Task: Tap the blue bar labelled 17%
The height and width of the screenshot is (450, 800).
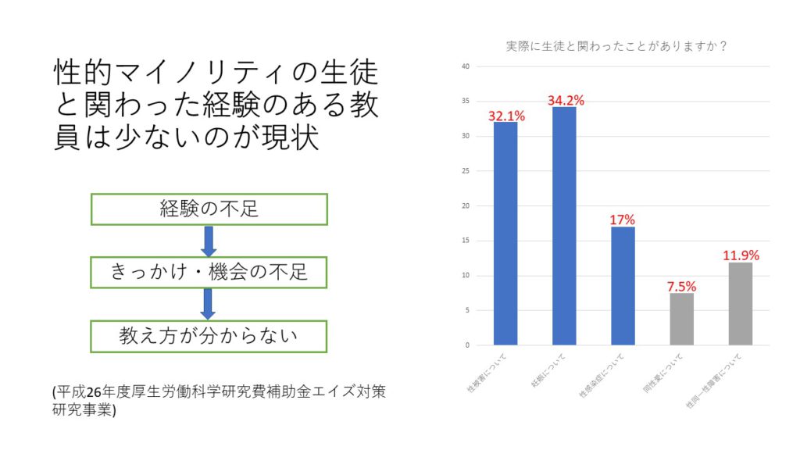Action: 623,285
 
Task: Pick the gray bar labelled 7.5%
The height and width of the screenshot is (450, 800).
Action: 682,319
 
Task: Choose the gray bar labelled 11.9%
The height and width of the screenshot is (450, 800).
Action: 741,303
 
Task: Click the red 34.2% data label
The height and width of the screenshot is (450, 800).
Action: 566,100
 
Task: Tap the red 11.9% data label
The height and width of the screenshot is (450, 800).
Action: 741,255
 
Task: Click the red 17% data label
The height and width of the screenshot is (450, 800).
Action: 623,220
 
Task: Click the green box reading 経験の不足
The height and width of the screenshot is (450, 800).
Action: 209,209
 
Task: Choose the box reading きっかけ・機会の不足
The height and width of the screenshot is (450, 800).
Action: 209,272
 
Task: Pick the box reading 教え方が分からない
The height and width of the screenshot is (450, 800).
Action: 209,335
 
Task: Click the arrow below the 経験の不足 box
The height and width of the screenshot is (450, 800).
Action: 208,241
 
